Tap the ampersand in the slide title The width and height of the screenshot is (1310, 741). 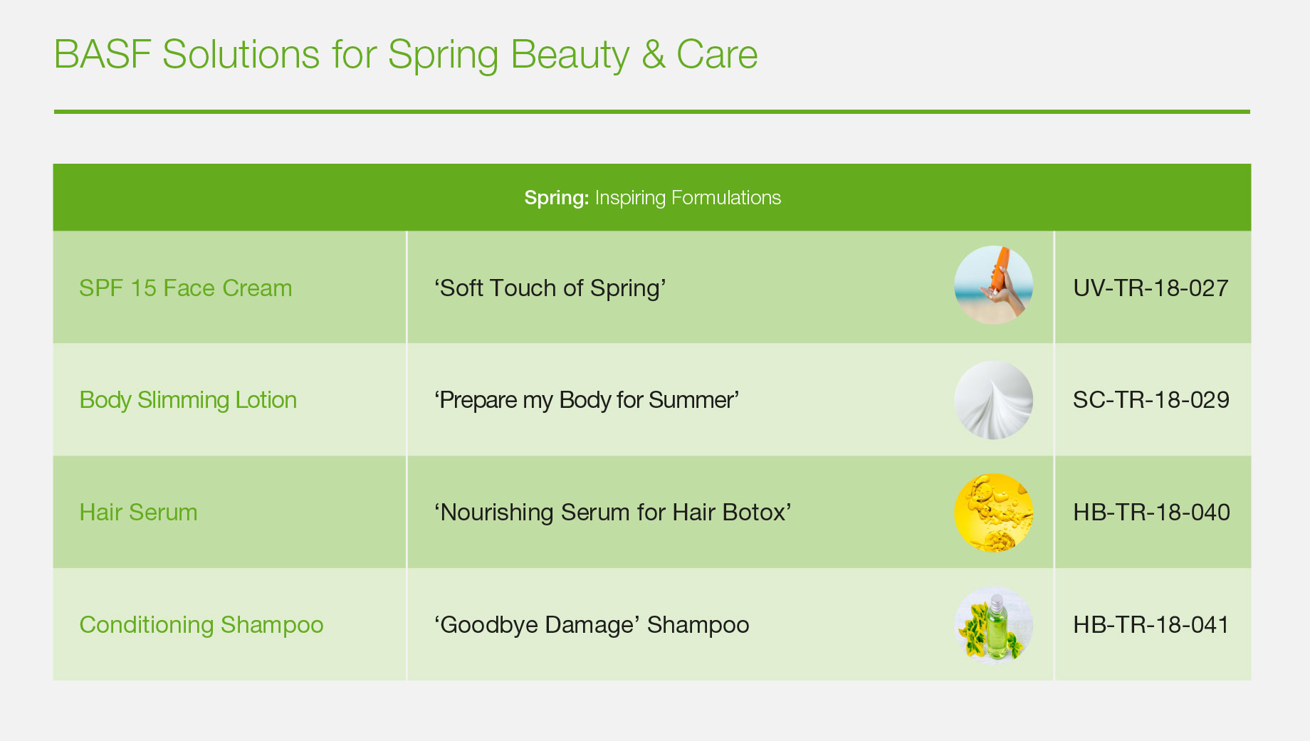(653, 55)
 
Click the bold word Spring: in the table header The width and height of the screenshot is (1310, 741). (556, 198)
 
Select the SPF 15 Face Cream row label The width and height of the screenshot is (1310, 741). (186, 288)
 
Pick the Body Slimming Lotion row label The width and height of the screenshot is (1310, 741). (188, 400)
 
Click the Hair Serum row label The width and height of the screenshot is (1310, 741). (138, 513)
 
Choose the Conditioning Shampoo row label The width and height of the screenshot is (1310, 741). (201, 625)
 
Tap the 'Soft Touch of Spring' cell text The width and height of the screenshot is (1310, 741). (550, 288)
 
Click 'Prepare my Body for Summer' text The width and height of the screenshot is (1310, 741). (587, 400)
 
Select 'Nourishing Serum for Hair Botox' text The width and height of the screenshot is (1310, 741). (613, 513)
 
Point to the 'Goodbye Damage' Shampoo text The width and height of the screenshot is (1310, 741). (592, 625)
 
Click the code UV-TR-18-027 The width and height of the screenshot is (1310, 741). (1151, 288)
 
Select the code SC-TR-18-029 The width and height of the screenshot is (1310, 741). (1151, 400)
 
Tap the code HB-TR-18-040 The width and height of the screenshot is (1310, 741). (1151, 513)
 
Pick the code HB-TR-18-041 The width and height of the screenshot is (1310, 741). (1151, 625)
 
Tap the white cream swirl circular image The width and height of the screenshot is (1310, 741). (993, 400)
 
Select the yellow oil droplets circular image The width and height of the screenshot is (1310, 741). (993, 513)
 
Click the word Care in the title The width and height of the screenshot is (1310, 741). (717, 55)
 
